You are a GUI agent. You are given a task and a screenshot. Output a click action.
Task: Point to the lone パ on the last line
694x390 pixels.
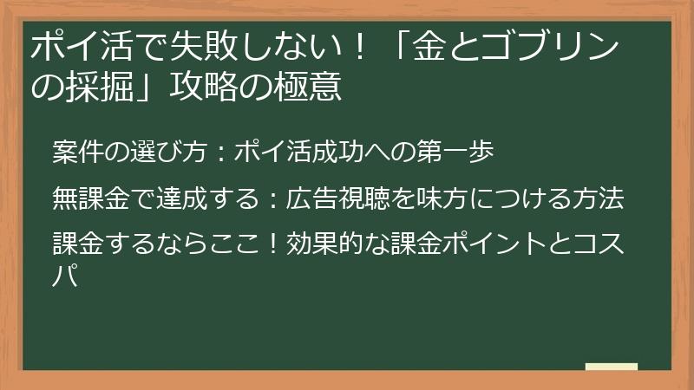tap(64, 277)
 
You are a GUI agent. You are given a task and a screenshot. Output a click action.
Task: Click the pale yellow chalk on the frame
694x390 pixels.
tap(611, 367)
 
